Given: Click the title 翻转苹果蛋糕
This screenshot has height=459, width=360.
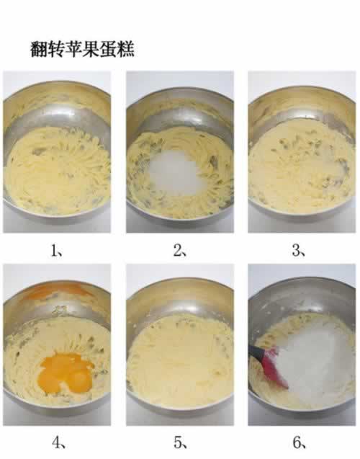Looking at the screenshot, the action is click(83, 49).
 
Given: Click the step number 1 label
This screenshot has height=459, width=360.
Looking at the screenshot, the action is click(56, 251).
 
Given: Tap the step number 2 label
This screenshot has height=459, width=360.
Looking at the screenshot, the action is click(179, 251).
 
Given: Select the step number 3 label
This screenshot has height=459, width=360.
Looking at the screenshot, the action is click(299, 251).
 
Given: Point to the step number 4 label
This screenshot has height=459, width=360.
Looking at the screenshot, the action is click(58, 442).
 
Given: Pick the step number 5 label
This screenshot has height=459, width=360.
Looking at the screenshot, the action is click(181, 442).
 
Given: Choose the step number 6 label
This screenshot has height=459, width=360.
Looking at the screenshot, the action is click(300, 442).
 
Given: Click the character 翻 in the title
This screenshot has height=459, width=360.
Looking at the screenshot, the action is click(39, 49).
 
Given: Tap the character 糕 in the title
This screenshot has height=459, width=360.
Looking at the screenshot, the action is click(126, 49).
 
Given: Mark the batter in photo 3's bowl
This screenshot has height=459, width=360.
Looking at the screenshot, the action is click(301, 167).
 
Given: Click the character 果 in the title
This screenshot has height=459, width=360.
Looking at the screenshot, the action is click(91, 49).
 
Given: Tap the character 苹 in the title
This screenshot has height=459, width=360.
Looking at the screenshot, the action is click(73, 49).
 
